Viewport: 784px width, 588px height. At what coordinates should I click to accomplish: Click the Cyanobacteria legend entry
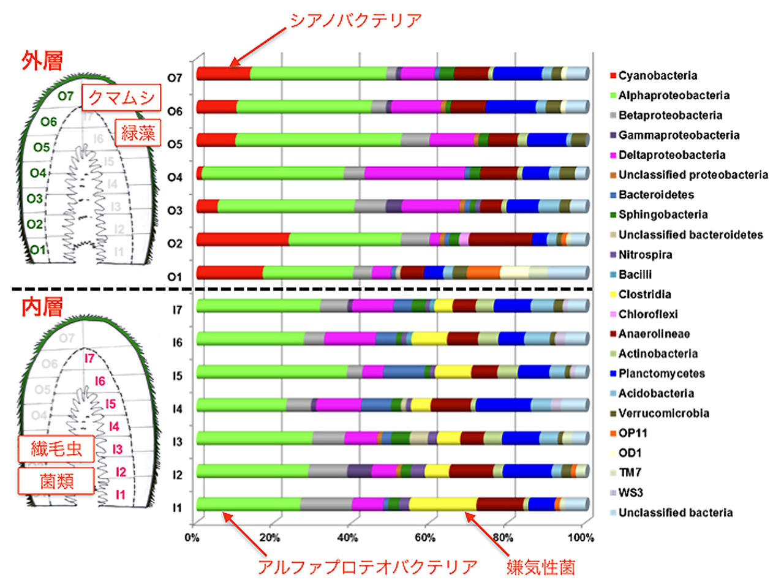click(x=657, y=75)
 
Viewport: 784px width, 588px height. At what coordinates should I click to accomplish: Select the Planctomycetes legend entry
click(x=661, y=374)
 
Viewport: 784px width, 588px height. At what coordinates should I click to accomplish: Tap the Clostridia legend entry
click(x=644, y=294)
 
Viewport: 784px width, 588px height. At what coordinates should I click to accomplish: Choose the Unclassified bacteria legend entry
click(x=675, y=513)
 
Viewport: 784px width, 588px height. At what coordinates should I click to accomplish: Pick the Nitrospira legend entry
click(x=645, y=254)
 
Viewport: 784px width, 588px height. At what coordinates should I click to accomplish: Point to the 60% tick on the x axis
click(x=425, y=538)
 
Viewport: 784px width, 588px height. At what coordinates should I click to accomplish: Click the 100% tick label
click(x=581, y=538)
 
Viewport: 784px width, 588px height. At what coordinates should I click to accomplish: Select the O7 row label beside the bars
click(x=175, y=78)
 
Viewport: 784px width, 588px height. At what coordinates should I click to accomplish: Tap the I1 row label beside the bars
click(x=177, y=508)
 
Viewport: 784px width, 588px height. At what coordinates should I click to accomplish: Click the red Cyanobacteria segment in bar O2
click(x=243, y=239)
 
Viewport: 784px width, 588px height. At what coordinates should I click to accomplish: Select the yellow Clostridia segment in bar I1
click(x=442, y=503)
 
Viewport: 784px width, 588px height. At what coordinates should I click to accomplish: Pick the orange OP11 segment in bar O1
click(x=483, y=272)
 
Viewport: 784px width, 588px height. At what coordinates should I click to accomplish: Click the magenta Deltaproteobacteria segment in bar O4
click(x=414, y=173)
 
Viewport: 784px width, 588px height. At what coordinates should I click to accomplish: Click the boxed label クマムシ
click(x=121, y=97)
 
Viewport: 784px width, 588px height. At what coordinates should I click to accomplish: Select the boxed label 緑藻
click(x=138, y=132)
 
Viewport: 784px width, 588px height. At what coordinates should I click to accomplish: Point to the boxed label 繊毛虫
click(x=56, y=449)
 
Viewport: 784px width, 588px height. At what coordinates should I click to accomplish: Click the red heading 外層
click(x=42, y=61)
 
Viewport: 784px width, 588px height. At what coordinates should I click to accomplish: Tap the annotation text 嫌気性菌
click(x=541, y=567)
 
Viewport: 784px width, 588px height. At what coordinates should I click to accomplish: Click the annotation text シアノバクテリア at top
click(x=356, y=21)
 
